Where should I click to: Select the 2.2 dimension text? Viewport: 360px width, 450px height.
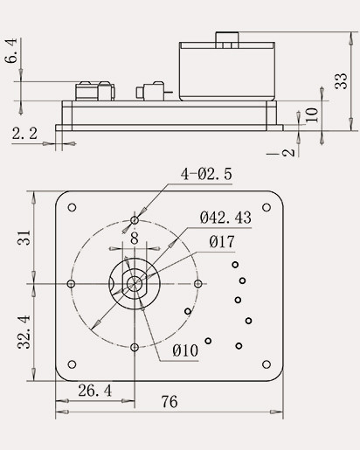[x=24, y=133]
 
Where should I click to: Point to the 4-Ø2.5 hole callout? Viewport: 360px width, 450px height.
[x=206, y=174]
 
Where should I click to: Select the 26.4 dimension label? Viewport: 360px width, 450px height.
[x=93, y=390]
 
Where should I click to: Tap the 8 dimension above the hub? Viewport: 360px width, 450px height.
[x=134, y=237]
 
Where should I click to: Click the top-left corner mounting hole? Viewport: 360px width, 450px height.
[x=72, y=207]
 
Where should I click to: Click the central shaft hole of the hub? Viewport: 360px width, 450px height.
[x=134, y=283]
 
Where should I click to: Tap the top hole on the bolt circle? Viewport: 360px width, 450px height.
[x=134, y=219]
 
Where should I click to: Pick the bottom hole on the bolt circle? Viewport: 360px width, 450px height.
[x=134, y=347]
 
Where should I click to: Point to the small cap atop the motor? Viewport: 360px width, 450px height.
[x=228, y=38]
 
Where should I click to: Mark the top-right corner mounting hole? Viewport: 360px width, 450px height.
[x=267, y=207]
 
